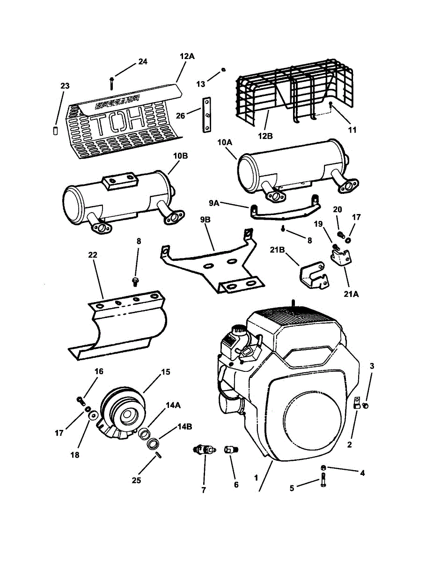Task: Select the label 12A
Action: (x=186, y=56)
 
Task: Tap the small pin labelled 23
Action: (x=54, y=130)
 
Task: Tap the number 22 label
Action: (x=92, y=254)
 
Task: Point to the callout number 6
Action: (x=236, y=485)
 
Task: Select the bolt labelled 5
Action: (x=323, y=481)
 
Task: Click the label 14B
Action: (x=183, y=427)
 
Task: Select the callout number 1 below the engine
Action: (x=256, y=479)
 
